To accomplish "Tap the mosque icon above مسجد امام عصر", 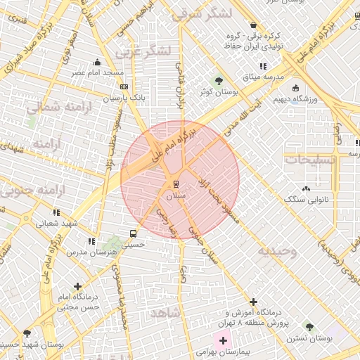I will pos(97,62).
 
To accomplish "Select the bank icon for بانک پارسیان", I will pos(124,87).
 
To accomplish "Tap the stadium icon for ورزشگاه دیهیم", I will pos(295,88).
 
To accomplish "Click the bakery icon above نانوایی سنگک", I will pos(305,188).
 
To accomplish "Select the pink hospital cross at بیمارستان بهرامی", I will pos(224,340).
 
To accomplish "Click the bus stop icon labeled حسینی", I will pos(134,234).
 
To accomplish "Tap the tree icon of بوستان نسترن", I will pos(309,327).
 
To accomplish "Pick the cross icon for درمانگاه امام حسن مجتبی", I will pos(77,286).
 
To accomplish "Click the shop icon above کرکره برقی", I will pos(252,25).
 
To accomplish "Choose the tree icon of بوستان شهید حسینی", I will pos(27,333).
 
